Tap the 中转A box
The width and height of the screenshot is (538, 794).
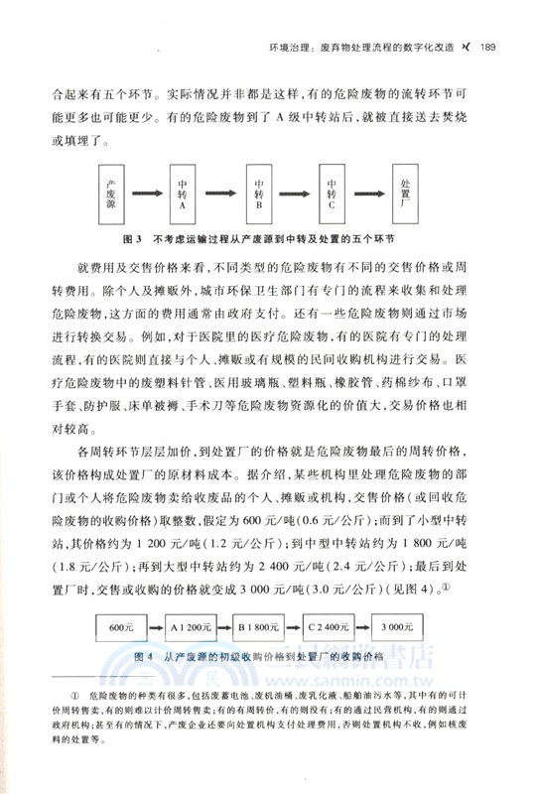point(183,195)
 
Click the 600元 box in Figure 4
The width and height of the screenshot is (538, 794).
point(121,627)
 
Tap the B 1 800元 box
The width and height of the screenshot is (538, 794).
point(268,627)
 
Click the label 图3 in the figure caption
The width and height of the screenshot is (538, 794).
point(132,239)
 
